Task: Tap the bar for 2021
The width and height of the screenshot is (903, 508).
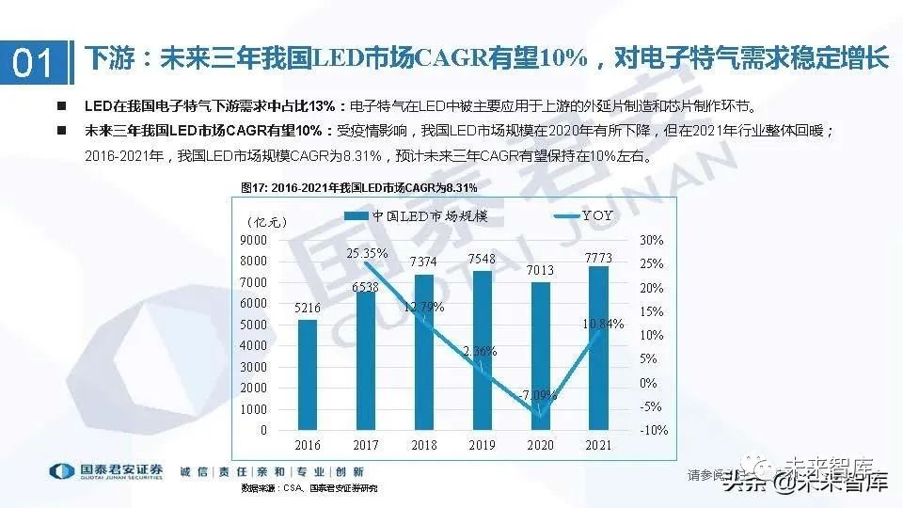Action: coord(598,348)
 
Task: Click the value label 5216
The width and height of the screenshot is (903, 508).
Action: coord(308,308)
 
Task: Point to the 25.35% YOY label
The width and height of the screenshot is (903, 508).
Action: coord(367,252)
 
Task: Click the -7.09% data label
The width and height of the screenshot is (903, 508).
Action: coord(538,395)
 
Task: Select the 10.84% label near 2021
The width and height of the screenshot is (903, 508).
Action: coord(603,324)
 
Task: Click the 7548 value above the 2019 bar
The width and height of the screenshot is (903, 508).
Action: coord(483,259)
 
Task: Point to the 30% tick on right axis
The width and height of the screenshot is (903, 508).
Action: coord(652,240)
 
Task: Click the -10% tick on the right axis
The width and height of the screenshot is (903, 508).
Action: coord(654,430)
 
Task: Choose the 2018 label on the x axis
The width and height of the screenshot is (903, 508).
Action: coord(424,446)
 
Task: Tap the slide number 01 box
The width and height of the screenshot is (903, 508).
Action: coord(35,63)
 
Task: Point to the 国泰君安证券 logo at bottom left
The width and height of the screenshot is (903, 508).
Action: coord(105,471)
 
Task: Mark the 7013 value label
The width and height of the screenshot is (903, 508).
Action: coord(540,271)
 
